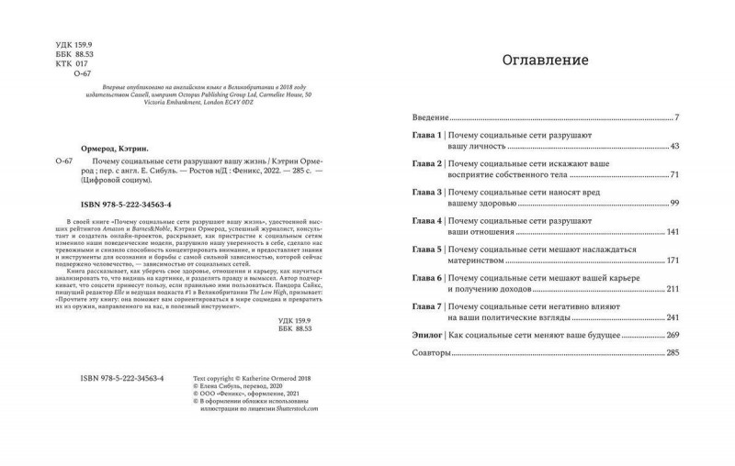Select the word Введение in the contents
[x=429, y=118]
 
